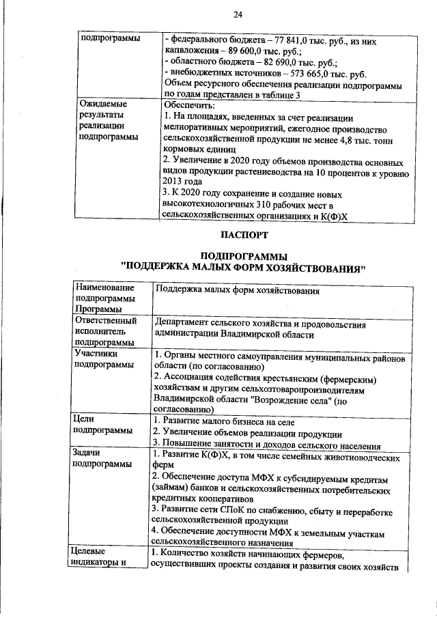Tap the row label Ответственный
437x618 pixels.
pyautogui.click(x=106, y=321)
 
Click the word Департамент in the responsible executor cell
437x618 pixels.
pyautogui.click(x=186, y=324)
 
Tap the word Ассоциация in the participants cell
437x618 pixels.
pyautogui.click(x=193, y=379)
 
